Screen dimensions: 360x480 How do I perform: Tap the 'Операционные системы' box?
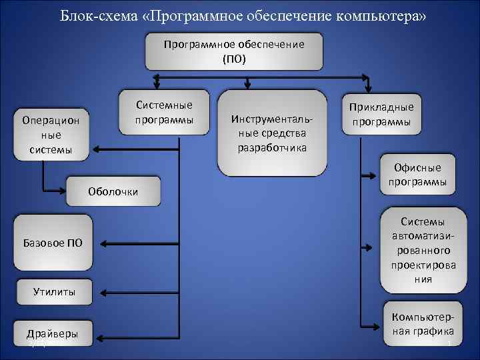[x=51, y=135]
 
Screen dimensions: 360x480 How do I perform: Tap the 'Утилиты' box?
[x=53, y=291]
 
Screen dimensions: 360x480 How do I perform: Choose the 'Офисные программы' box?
[x=418, y=175]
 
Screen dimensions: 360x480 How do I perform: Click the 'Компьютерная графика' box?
[x=423, y=323]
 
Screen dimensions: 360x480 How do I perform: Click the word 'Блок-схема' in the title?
[x=97, y=15]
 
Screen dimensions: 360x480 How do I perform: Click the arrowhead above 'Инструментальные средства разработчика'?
[x=247, y=85]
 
